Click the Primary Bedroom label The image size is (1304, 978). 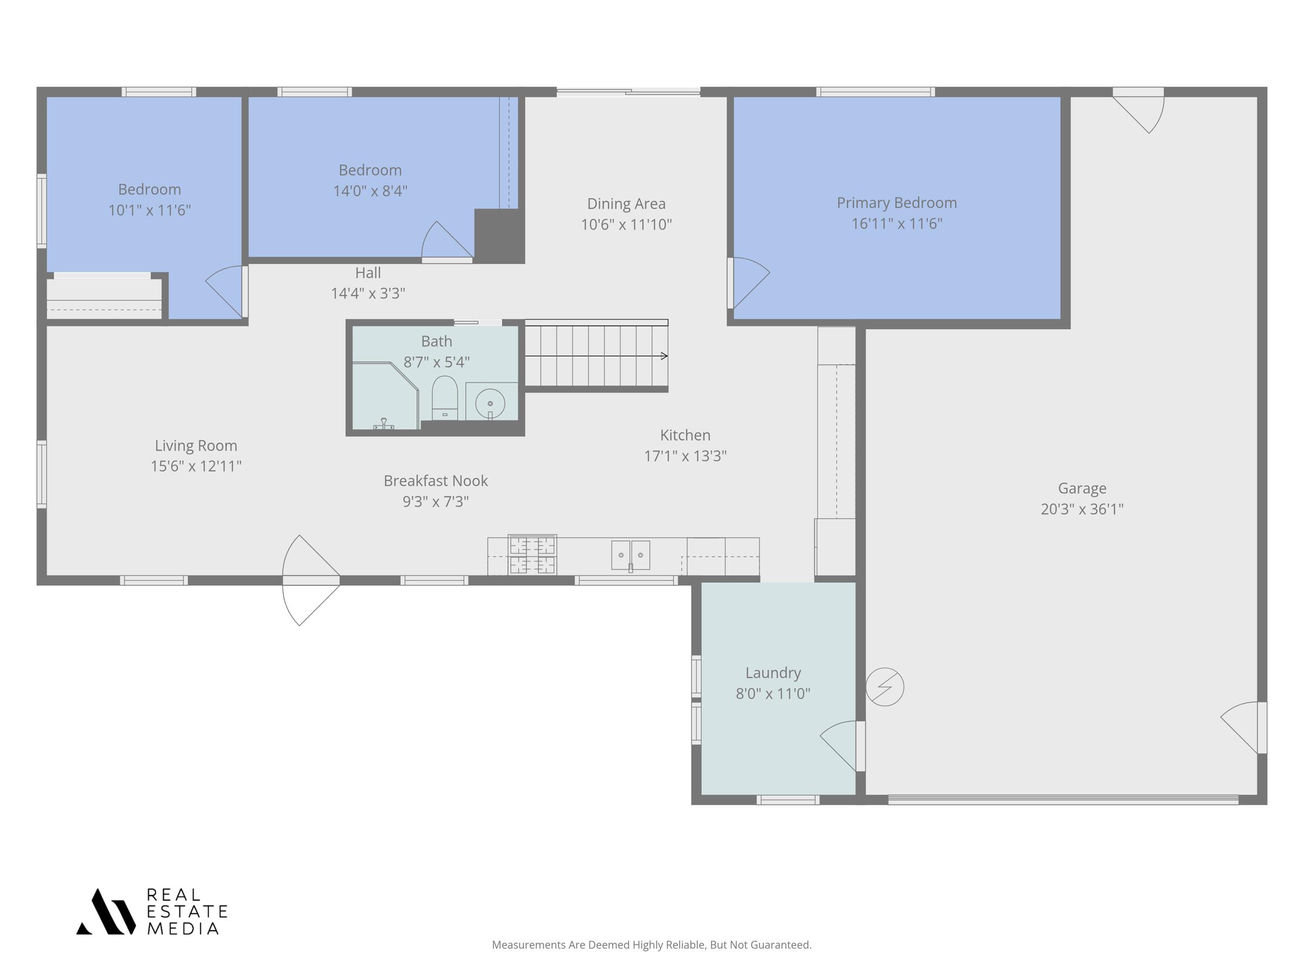[x=896, y=203]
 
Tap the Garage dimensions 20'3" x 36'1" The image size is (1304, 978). [x=1082, y=509]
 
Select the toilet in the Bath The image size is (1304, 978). [x=444, y=396]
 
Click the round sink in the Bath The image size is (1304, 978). [x=490, y=404]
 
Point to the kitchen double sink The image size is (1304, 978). [x=630, y=555]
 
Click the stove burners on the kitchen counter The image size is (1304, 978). [x=532, y=554]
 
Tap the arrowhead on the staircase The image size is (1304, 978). [x=664, y=356]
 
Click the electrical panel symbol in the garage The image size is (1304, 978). [x=884, y=687]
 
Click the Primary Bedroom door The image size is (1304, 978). [x=749, y=283]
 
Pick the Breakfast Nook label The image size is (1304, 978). [x=436, y=481]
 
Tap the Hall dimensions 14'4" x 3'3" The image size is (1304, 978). [x=368, y=293]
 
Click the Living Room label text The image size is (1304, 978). [x=196, y=446]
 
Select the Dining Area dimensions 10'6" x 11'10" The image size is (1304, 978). [x=626, y=224]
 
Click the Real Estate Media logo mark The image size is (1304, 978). [x=106, y=911]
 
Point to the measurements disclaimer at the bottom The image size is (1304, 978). [x=651, y=944]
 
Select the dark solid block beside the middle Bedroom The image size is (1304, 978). [x=499, y=235]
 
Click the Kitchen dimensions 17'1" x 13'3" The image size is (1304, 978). [x=685, y=456]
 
